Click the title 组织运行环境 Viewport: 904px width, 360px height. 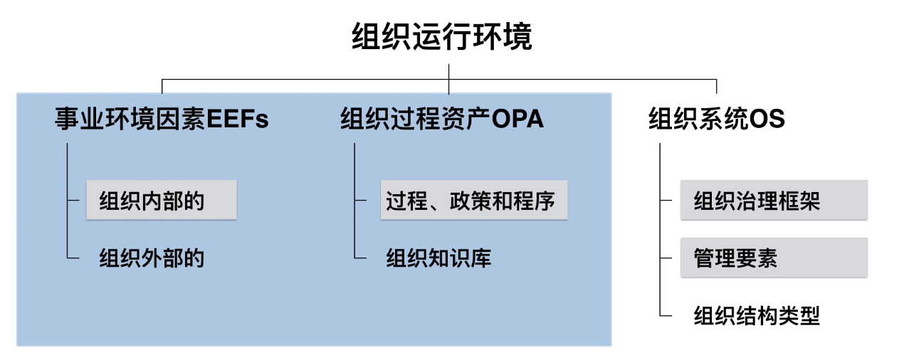coord(442,37)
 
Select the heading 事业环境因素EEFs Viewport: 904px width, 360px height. coord(162,118)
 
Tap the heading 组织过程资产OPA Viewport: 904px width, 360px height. coord(442,118)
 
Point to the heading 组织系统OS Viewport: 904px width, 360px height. coord(716,118)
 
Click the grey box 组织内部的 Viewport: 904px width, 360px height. coord(161,201)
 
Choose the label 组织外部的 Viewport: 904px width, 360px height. coord(152,258)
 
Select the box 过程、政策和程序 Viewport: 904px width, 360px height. coord(473,201)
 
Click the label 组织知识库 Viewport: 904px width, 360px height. coord(438,258)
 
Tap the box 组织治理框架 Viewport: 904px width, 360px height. coord(774,201)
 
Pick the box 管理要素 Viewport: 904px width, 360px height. coord(774,258)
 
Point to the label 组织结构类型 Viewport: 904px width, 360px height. coord(757,315)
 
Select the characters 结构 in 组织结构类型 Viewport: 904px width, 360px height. coord(757,315)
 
